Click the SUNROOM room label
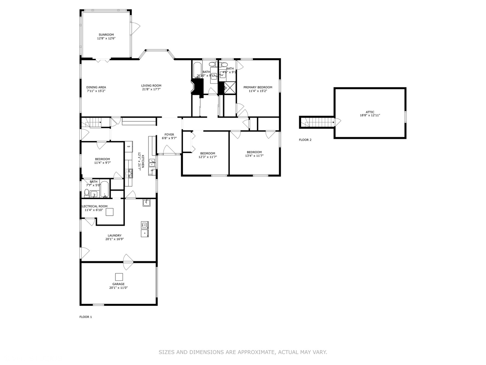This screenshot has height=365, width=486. [106, 34]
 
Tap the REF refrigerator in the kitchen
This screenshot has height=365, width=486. [129, 147]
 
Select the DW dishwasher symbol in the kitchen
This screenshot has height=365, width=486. [152, 170]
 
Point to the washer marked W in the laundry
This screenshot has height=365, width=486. [144, 225]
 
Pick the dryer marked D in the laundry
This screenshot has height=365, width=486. [144, 233]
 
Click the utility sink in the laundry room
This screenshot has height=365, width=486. [146, 202]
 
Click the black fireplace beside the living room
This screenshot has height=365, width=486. [197, 87]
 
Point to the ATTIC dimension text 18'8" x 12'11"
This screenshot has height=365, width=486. [370, 116]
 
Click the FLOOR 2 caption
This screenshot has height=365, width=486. [305, 140]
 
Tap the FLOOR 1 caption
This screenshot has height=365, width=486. [85, 317]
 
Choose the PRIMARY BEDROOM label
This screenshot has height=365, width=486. [258, 87]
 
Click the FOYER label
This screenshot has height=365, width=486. [169, 135]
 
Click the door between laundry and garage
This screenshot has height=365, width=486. [128, 262]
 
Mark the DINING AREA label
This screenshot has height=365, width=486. [96, 87]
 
